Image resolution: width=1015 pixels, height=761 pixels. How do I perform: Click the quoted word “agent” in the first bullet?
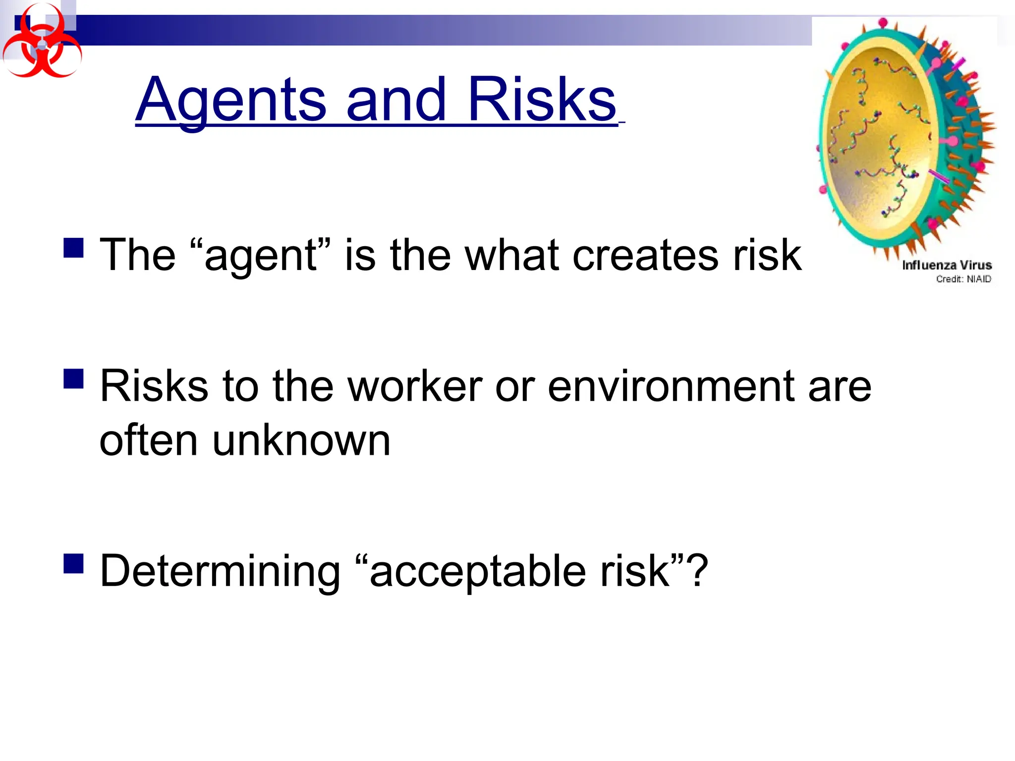click(260, 255)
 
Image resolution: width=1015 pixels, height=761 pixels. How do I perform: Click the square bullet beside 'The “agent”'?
click(73, 248)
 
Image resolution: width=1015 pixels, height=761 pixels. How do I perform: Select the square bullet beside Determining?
click(73, 563)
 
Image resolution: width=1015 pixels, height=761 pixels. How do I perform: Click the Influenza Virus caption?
click(947, 265)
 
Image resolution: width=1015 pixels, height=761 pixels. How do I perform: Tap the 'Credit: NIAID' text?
click(963, 279)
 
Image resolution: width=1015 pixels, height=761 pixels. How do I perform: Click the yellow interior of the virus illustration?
click(877, 144)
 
